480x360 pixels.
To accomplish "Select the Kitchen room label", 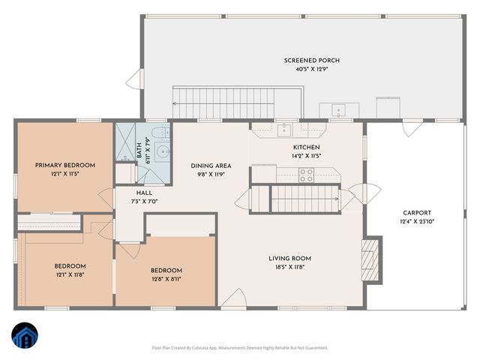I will (306, 147).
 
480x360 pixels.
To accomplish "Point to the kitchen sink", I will (284, 130).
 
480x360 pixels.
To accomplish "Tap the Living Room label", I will (289, 258).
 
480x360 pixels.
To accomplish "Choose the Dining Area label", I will (210, 165).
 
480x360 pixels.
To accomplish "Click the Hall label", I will (144, 192).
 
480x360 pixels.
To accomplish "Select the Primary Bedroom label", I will (65, 165).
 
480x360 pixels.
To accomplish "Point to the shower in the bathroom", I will (124, 142).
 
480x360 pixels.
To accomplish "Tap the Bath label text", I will (139, 150).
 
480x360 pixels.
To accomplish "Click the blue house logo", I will (24, 337).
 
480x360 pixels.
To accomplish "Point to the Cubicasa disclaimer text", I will (240, 347).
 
